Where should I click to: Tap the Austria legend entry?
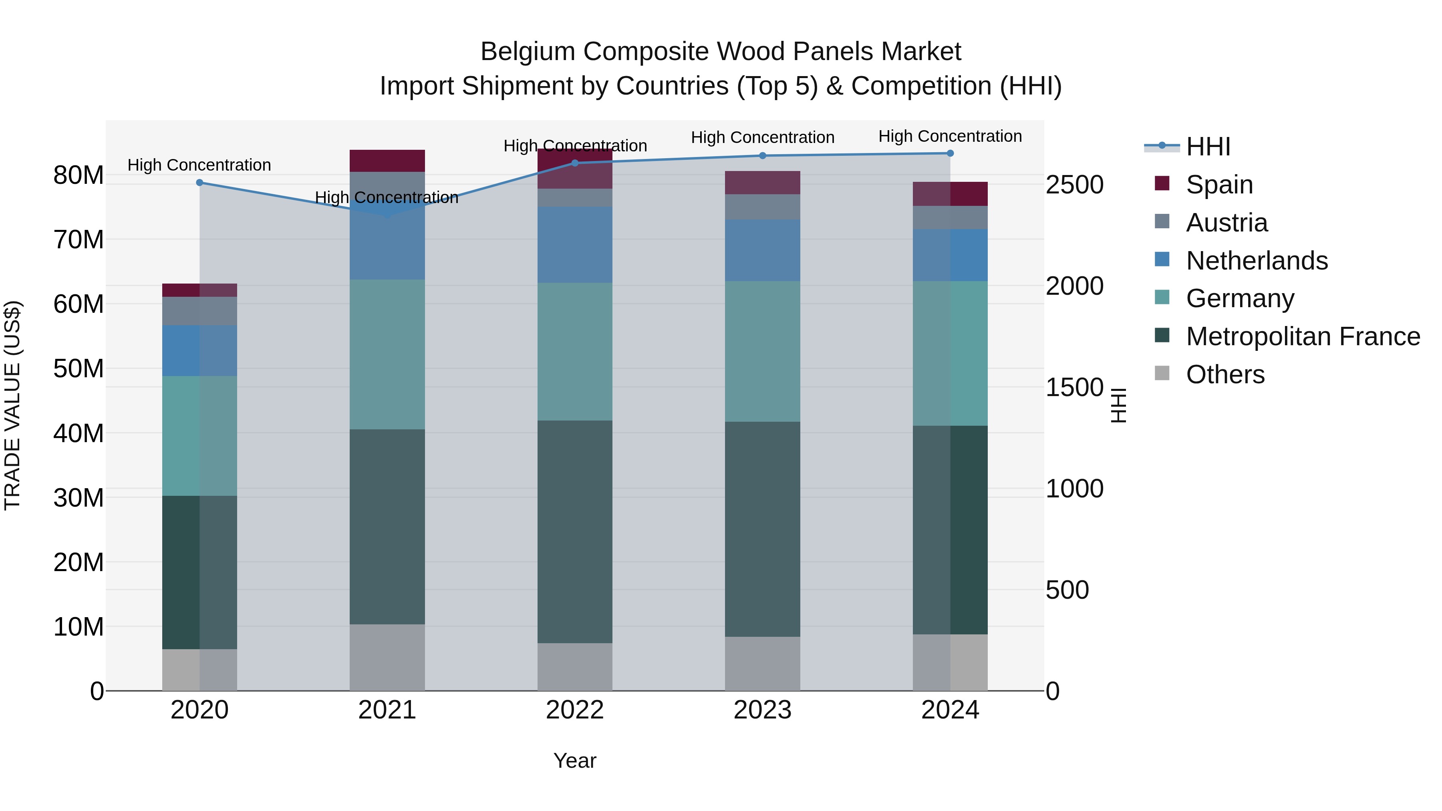click(x=1226, y=223)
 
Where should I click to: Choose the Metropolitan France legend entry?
click(x=1303, y=336)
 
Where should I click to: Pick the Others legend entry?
click(x=1225, y=374)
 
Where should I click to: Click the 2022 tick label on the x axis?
click(x=574, y=710)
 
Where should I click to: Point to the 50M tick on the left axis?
click(x=79, y=369)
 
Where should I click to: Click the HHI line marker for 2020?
click(x=200, y=183)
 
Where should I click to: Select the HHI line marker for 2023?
click(x=762, y=156)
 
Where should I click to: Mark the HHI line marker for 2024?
click(x=950, y=153)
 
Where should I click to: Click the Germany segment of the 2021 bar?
click(x=387, y=354)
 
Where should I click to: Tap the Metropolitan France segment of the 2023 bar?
click(x=762, y=529)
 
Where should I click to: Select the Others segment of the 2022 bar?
click(x=574, y=666)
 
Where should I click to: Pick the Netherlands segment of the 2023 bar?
click(x=762, y=250)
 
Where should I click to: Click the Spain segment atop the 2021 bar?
click(x=387, y=161)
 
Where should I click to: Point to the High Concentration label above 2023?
click(x=762, y=137)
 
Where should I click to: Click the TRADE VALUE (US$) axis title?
click(x=12, y=405)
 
